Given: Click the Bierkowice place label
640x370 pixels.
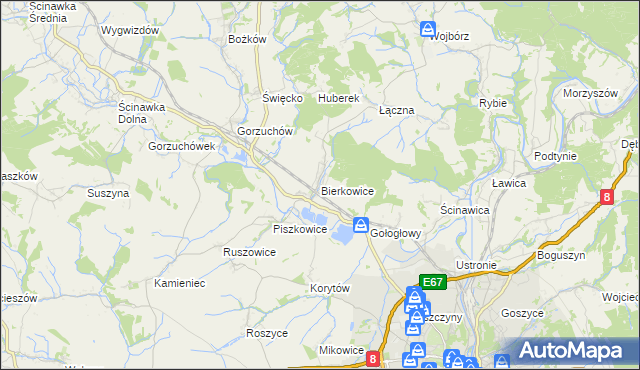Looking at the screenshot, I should click(x=347, y=190).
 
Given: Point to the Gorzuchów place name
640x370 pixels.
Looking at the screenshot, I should click(x=264, y=131).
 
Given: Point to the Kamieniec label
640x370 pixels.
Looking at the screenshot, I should click(x=180, y=283).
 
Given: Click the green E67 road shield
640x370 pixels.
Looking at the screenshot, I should click(x=432, y=283).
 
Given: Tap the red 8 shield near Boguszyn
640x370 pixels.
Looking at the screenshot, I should click(x=607, y=198).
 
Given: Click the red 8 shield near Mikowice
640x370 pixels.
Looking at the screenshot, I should click(x=373, y=357).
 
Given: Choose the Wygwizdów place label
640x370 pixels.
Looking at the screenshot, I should click(x=130, y=30).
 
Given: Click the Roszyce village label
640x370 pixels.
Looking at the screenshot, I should click(x=267, y=333).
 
